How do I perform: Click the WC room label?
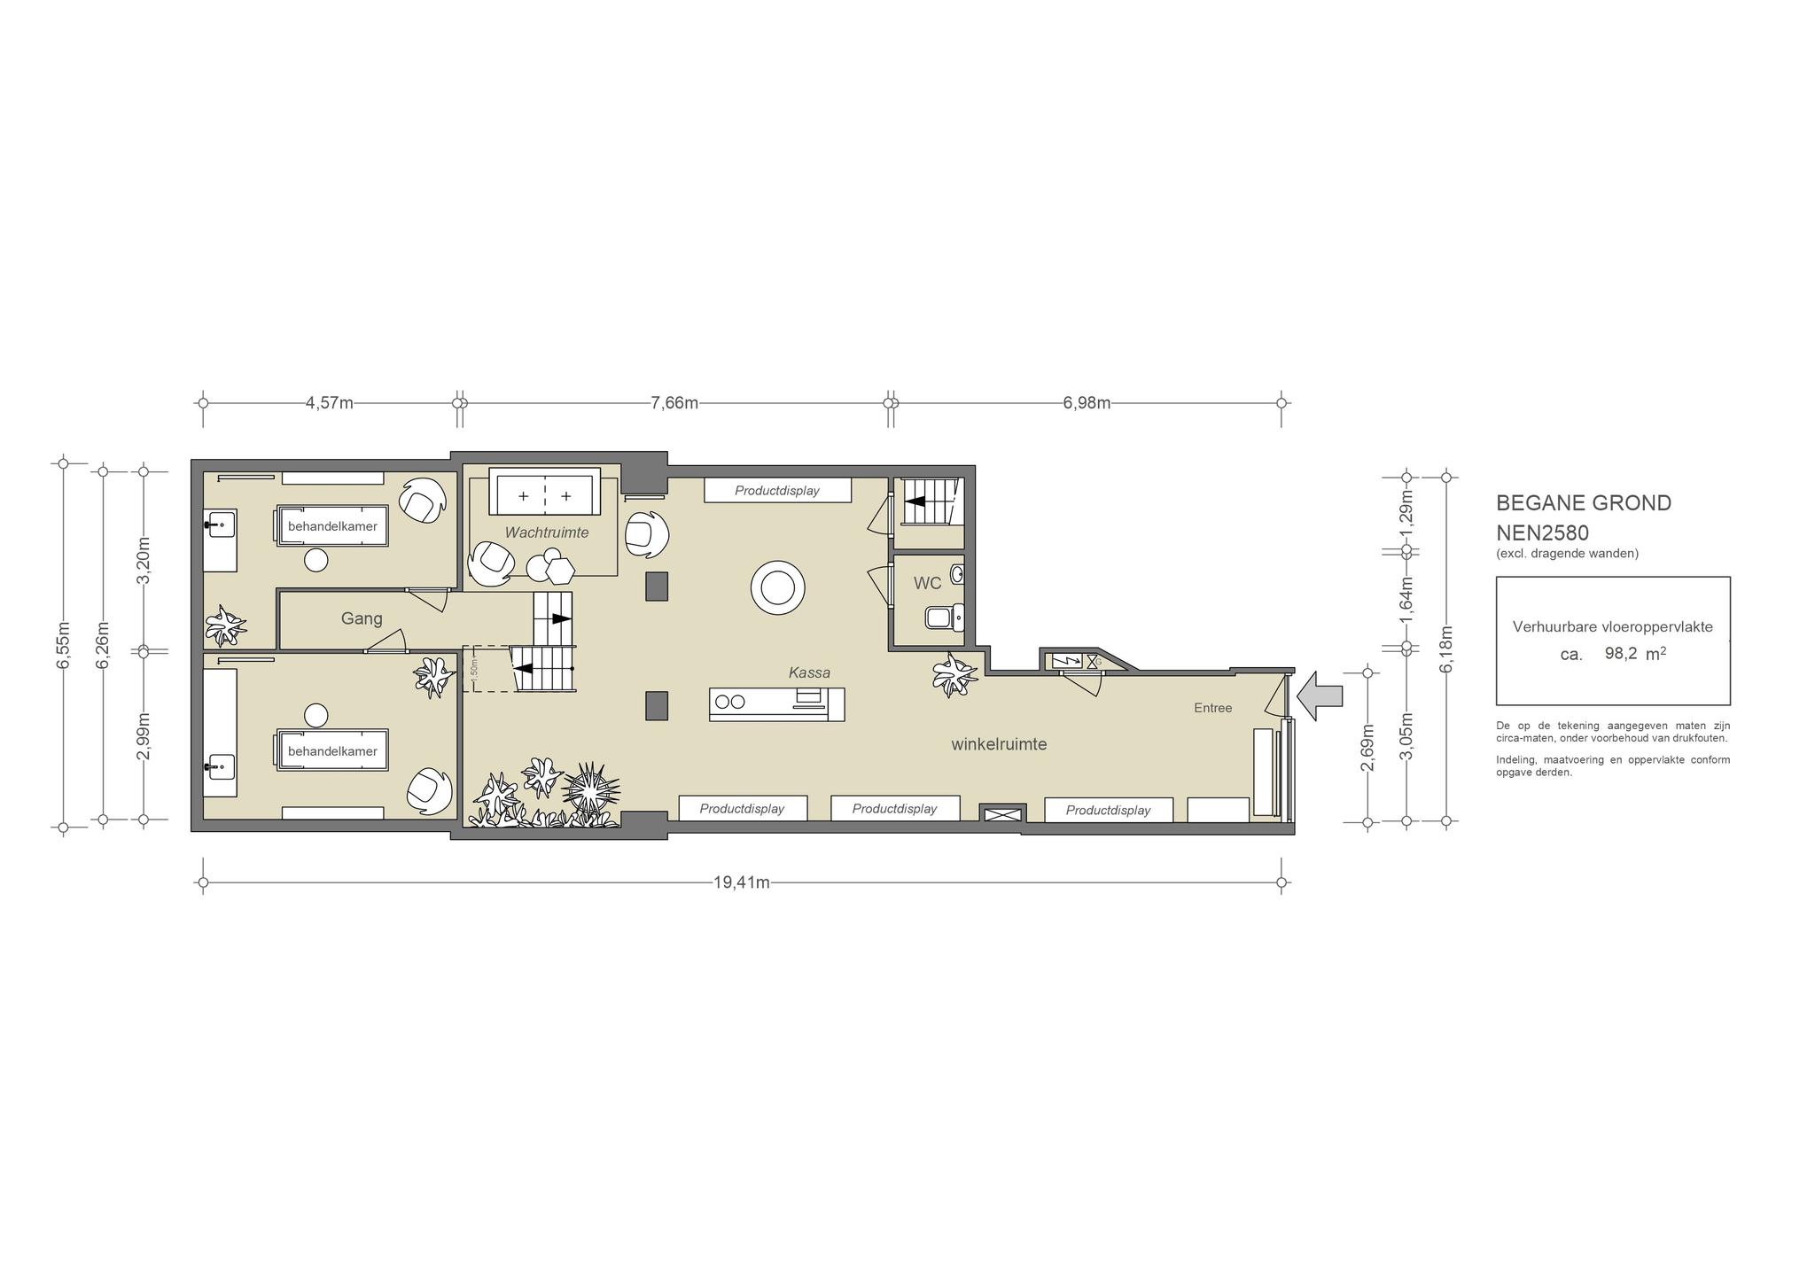928,584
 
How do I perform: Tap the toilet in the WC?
945,617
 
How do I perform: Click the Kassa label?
809,673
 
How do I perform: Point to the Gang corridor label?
362,618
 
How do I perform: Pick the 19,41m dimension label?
742,882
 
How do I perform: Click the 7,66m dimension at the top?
674,403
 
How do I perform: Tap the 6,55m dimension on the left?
63,645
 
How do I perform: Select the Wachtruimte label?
547,532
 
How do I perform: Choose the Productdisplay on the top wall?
777,490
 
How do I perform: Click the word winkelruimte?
999,744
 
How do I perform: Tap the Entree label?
1213,708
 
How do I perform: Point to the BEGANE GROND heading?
1584,503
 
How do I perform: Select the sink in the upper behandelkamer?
221,525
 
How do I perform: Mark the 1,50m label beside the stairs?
474,668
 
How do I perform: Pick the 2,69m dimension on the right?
1367,748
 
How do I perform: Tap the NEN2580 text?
1542,533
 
